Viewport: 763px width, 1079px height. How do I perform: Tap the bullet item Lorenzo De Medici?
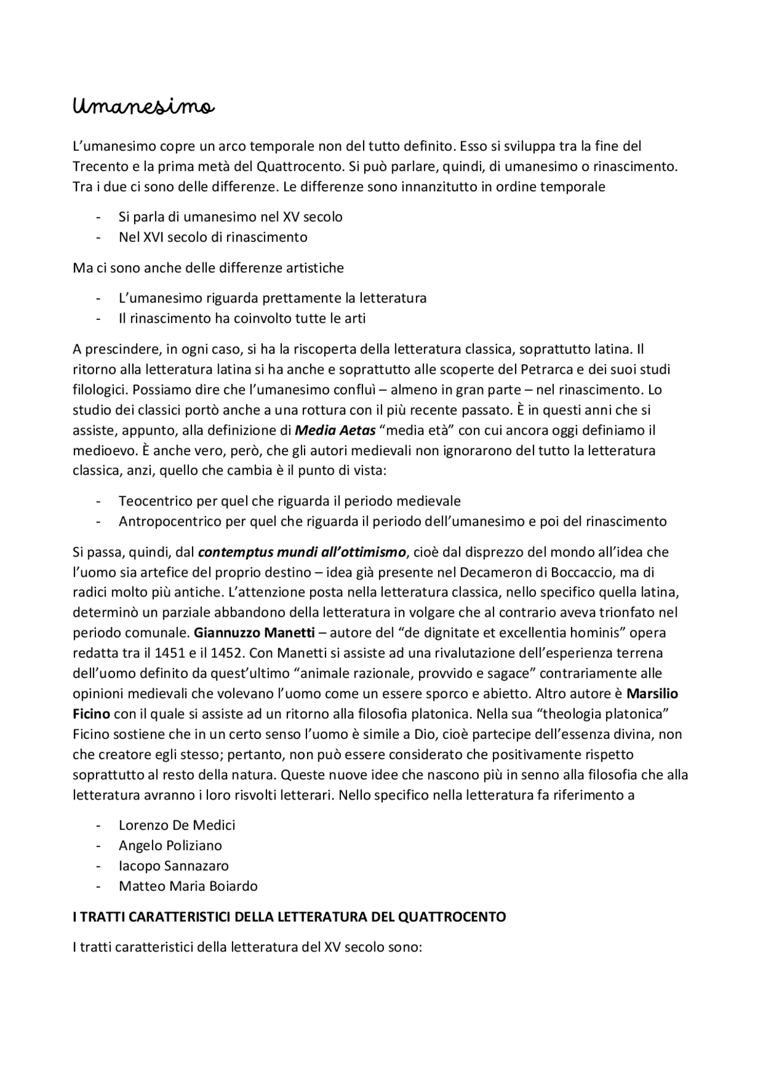pos(176,825)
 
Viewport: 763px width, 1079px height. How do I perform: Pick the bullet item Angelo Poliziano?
pos(170,845)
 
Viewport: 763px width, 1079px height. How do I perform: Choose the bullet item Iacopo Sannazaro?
pos(173,866)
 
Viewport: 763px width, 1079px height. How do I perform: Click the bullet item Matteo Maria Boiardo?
pos(188,886)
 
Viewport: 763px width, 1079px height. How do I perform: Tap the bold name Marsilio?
pos(652,694)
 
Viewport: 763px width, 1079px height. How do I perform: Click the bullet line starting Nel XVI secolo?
pos(213,237)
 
